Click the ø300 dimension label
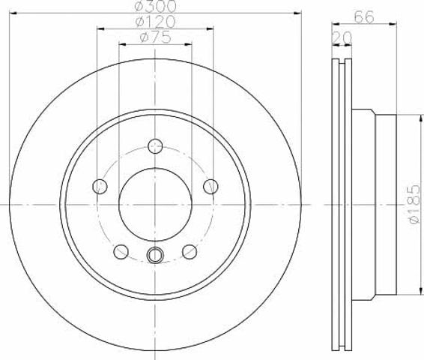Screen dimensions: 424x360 [x=155, y=6]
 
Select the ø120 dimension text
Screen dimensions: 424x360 [x=155, y=22]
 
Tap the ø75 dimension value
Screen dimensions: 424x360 [x=156, y=37]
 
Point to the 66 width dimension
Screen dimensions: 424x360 [x=364, y=17]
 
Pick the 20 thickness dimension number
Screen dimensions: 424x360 [x=342, y=38]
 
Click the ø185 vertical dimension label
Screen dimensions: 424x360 [x=414, y=204]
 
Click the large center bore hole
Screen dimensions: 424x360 [x=155, y=204]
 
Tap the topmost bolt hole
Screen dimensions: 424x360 [x=155, y=146]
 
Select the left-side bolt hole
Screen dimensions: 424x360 [x=100, y=187]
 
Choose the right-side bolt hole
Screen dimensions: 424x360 [x=211, y=187]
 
